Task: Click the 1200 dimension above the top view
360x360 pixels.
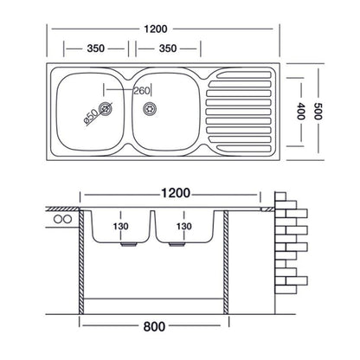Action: pyautogui.click(x=156, y=29)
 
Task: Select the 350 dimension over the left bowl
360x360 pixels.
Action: pyautogui.click(x=95, y=48)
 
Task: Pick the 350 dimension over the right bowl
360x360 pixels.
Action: pyautogui.click(x=168, y=48)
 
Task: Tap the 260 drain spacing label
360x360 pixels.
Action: pyautogui.click(x=142, y=91)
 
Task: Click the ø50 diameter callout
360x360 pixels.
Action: pyautogui.click(x=91, y=118)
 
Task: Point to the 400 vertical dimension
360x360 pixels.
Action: pyautogui.click(x=300, y=111)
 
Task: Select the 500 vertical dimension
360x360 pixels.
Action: pyautogui.click(x=318, y=111)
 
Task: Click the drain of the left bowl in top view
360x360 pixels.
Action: pyautogui.click(x=106, y=108)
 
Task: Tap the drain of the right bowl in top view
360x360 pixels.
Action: pyautogui.click(x=150, y=108)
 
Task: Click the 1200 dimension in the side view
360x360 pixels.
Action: pyautogui.click(x=176, y=193)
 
